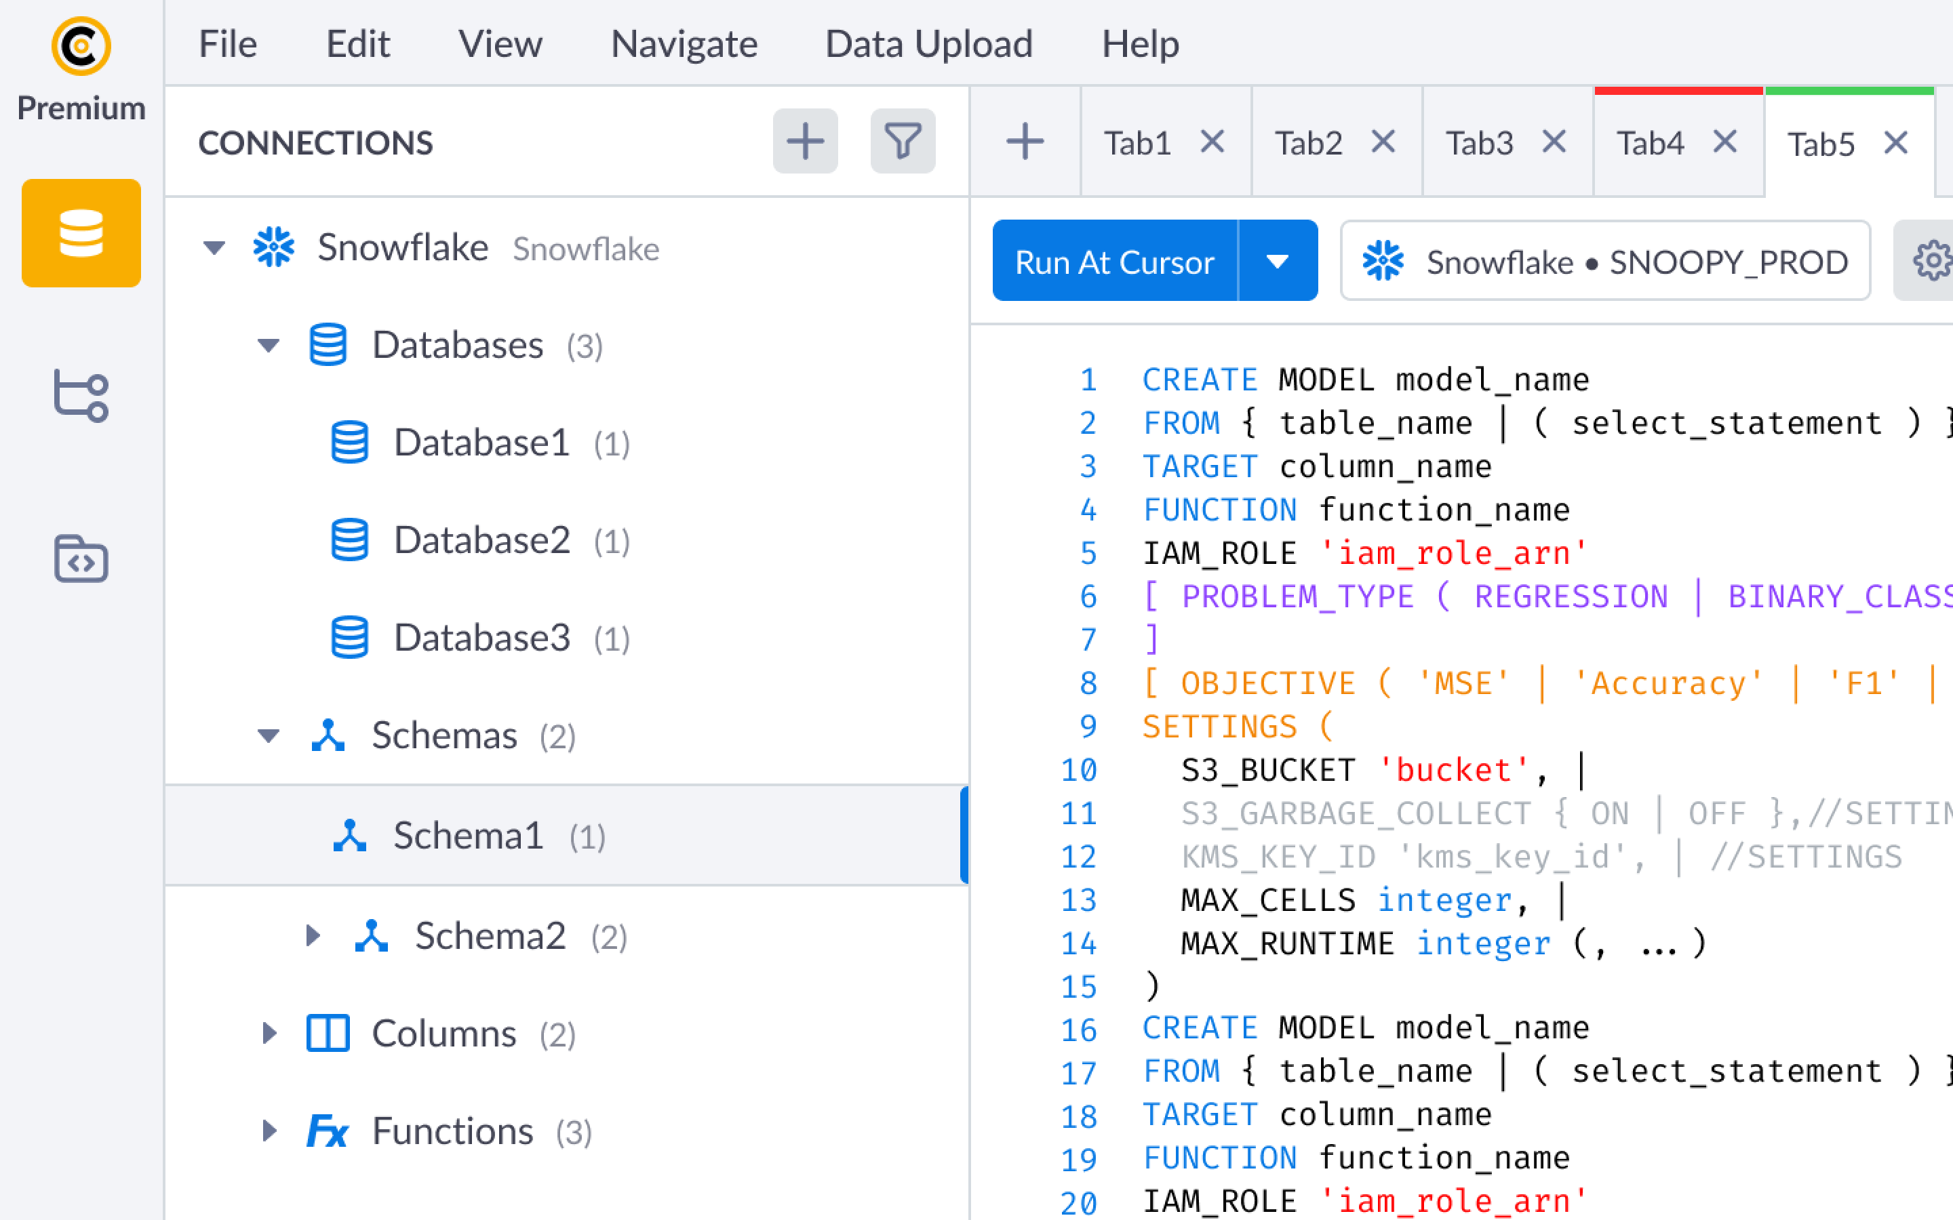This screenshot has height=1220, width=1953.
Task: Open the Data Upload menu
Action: pos(929,43)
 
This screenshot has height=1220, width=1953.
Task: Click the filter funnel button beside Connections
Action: pos(903,141)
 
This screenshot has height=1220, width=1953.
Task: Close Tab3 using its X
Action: pos(1554,142)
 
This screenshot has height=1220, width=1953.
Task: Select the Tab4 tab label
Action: pos(1651,144)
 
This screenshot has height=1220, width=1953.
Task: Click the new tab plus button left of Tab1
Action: pos(1025,142)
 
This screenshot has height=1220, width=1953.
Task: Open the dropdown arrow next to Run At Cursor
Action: pos(1278,261)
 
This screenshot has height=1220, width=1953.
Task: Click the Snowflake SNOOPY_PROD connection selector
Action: pos(1604,262)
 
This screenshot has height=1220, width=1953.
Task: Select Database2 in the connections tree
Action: pos(481,540)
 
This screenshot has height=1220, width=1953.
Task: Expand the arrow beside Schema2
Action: pos(313,935)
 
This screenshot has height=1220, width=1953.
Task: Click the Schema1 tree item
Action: pos(469,835)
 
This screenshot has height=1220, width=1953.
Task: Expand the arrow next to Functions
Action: pos(269,1131)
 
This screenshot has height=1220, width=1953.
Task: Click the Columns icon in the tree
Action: pos(328,1033)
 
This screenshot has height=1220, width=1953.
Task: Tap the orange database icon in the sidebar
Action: pos(81,233)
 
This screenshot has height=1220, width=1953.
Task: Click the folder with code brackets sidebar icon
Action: pos(81,558)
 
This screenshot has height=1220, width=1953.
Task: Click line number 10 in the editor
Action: pos(1079,770)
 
